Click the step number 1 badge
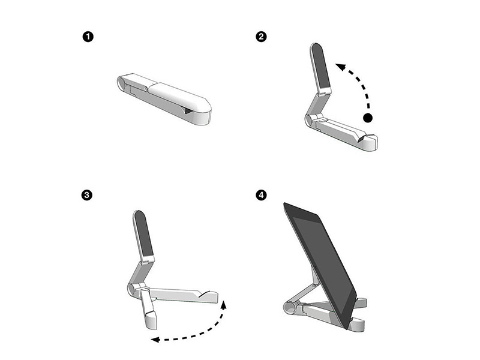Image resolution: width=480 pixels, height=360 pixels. [x=88, y=37]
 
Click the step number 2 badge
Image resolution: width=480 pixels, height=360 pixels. [x=261, y=37]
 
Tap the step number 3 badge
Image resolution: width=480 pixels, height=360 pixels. [x=88, y=196]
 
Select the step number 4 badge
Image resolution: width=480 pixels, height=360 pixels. [x=261, y=196]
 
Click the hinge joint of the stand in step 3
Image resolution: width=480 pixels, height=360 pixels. [x=134, y=289]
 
